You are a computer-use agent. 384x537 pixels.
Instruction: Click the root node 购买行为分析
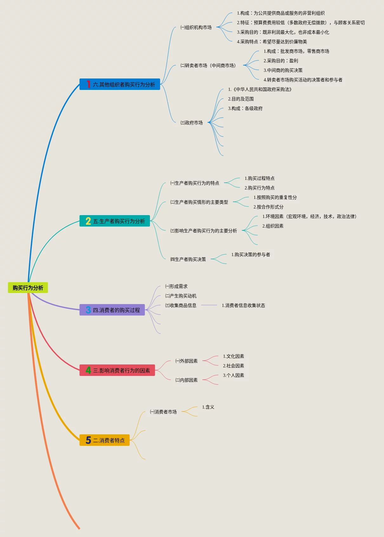[28, 288]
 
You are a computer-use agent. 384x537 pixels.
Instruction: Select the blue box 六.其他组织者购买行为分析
[120, 84]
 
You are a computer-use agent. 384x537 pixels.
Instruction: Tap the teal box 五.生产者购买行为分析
[115, 221]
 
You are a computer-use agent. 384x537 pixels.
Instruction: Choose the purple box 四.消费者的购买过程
[112, 310]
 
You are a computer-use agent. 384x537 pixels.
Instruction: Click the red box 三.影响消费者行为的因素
[117, 370]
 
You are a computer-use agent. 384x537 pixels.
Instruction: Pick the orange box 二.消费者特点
[104, 440]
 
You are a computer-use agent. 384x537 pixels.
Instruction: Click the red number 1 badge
[88, 84]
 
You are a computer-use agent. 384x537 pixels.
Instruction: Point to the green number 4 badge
[88, 370]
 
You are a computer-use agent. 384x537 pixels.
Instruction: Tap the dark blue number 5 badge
[88, 440]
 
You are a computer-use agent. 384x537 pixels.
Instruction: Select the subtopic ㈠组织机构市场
[196, 27]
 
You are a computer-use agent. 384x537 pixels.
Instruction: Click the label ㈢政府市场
[191, 123]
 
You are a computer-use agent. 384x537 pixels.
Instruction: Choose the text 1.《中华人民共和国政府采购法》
[260, 89]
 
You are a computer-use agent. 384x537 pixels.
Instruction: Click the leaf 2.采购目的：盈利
[281, 61]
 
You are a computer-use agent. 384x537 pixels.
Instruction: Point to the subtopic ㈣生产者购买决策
[188, 259]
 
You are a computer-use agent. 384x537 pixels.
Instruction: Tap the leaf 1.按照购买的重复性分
[275, 197]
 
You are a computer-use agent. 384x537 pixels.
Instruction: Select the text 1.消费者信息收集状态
[243, 305]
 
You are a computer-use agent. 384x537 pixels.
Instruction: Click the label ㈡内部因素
[186, 380]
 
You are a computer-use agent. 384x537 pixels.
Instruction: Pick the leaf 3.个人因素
[233, 375]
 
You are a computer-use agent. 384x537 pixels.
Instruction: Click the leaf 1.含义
[208, 407]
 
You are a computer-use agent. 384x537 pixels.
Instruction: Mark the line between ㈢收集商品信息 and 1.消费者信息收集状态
[209, 305]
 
